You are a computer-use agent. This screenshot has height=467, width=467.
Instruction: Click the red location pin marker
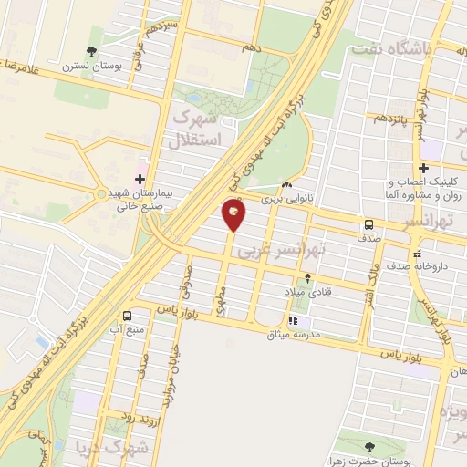click(x=234, y=213)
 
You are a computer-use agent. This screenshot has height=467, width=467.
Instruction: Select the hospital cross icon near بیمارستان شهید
click(x=139, y=179)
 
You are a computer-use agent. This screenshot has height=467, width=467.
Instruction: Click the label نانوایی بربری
click(x=287, y=197)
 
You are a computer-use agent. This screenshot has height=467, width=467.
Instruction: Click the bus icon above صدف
click(x=368, y=224)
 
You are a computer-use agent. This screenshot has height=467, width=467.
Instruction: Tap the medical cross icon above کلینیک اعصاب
click(x=423, y=168)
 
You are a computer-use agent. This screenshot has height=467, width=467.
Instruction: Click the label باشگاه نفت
click(x=427, y=51)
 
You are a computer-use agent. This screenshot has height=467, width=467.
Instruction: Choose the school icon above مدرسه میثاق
click(x=294, y=320)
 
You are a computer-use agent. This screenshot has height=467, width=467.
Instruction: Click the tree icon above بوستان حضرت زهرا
click(x=368, y=447)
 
